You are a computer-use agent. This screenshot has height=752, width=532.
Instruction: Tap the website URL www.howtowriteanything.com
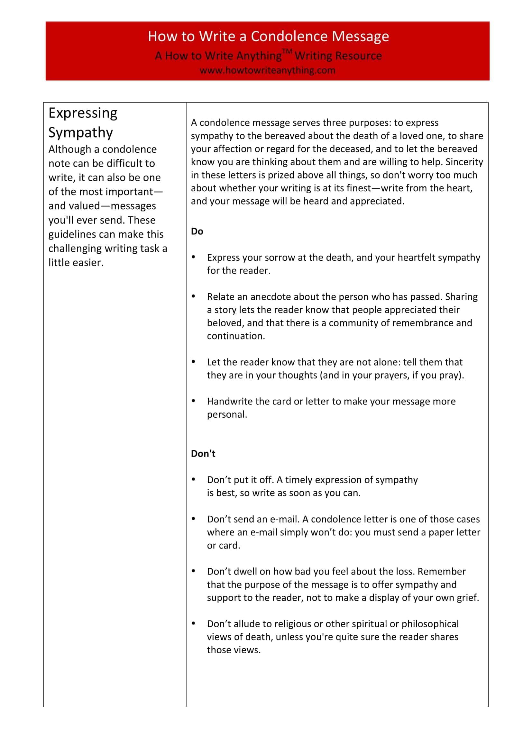coord(267,70)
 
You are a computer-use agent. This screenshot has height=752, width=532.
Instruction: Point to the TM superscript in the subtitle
coord(287,51)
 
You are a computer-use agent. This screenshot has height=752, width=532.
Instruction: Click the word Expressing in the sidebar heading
coord(83,113)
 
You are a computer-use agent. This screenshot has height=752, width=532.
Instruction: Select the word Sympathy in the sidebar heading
coord(81,132)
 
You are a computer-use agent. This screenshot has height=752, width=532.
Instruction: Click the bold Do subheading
coord(197,231)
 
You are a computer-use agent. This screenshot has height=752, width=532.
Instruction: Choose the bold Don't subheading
coord(203,454)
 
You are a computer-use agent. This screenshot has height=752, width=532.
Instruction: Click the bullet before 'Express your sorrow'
coord(194,257)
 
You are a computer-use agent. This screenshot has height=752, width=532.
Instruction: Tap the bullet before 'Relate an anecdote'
coord(194,296)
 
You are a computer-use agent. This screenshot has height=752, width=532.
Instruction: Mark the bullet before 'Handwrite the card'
coord(194,401)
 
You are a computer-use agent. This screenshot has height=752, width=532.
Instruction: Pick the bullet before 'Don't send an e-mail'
coord(194,519)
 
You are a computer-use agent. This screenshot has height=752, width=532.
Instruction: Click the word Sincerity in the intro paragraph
coord(464,162)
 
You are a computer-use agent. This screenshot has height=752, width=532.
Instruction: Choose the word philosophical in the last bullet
coord(430,624)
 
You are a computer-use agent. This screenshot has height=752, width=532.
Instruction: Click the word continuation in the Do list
coord(235,336)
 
